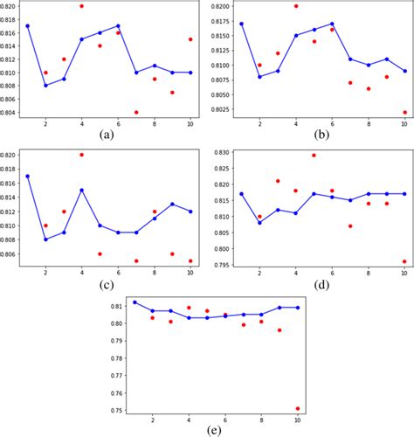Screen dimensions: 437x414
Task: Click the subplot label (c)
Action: tap(107, 286)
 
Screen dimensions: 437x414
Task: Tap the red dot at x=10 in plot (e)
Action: tap(299, 408)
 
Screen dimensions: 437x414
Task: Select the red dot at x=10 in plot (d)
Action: tap(404, 261)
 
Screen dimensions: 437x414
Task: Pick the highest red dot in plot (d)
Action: tap(314, 156)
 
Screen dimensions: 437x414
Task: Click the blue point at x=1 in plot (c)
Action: tap(27, 176)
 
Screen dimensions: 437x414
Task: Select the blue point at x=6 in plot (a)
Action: tap(118, 26)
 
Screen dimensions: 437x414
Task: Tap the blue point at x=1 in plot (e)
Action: tap(134, 302)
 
